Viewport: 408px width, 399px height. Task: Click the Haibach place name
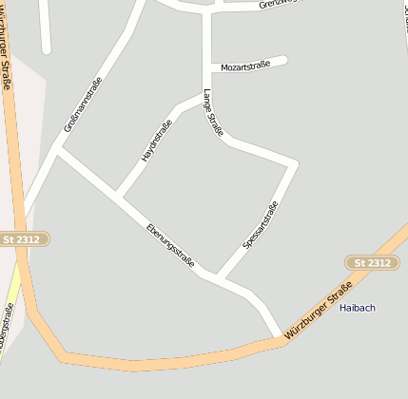pos(358,308)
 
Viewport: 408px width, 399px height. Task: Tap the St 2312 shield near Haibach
pos(372,262)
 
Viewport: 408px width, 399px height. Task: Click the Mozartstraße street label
pos(245,66)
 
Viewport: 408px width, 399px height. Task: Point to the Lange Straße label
pos(213,113)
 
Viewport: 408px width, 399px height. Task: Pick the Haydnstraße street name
pos(157,141)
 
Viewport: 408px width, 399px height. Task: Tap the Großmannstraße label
pos(83,104)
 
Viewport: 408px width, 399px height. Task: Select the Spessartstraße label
pos(260,226)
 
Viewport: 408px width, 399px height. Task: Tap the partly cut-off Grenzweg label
pos(284,5)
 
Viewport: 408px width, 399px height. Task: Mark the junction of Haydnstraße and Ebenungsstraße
pos(118,196)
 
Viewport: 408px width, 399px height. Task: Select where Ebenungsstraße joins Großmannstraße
pos(58,149)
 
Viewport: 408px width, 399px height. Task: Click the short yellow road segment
pos(12,291)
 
